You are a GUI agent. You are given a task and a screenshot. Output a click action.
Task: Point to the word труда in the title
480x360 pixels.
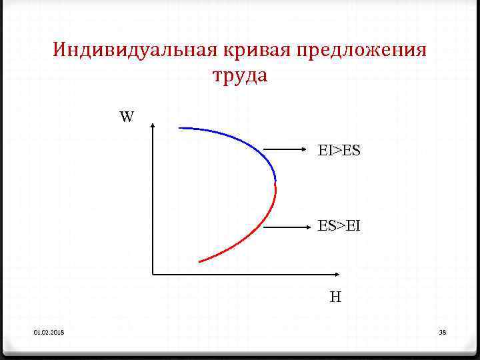(x=240, y=76)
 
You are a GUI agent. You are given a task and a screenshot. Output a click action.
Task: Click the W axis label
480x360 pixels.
(x=127, y=118)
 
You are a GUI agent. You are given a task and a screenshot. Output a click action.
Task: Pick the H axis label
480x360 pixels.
(x=335, y=297)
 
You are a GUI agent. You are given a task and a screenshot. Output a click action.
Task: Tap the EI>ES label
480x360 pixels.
(x=339, y=151)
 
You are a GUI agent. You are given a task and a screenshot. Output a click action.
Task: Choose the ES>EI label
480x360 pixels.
(x=339, y=226)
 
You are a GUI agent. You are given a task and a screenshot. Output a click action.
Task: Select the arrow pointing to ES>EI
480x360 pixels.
(x=287, y=227)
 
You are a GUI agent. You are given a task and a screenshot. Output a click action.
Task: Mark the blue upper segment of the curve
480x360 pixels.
(x=240, y=141)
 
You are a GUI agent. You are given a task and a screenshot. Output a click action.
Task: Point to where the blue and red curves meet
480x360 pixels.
(x=275, y=181)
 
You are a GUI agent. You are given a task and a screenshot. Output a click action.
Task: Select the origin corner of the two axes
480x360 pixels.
(x=154, y=273)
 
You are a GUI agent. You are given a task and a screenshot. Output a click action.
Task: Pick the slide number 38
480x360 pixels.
(x=442, y=332)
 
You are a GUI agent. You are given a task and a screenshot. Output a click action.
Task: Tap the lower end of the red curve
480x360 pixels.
(x=200, y=261)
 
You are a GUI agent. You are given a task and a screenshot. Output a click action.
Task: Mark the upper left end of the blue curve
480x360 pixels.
(x=180, y=127)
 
